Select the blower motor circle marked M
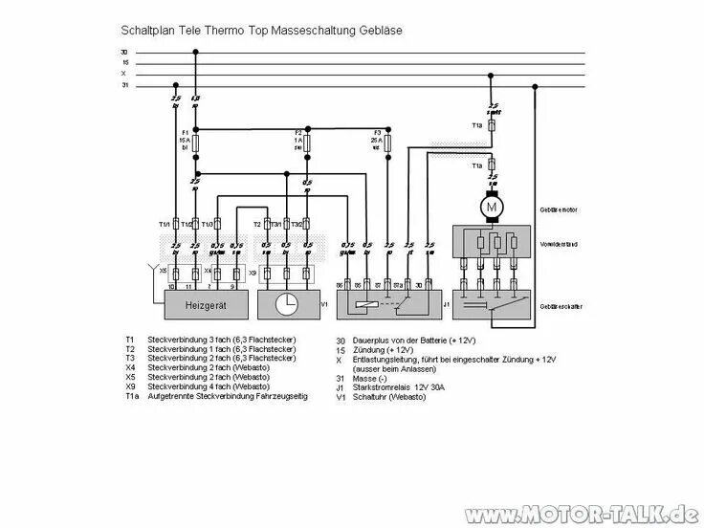pos(492,206)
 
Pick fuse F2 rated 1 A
pos(307,143)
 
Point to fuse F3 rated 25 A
pos(387,143)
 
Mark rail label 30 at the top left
pos(123,52)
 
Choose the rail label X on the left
pos(123,73)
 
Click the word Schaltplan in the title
pos(149,31)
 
